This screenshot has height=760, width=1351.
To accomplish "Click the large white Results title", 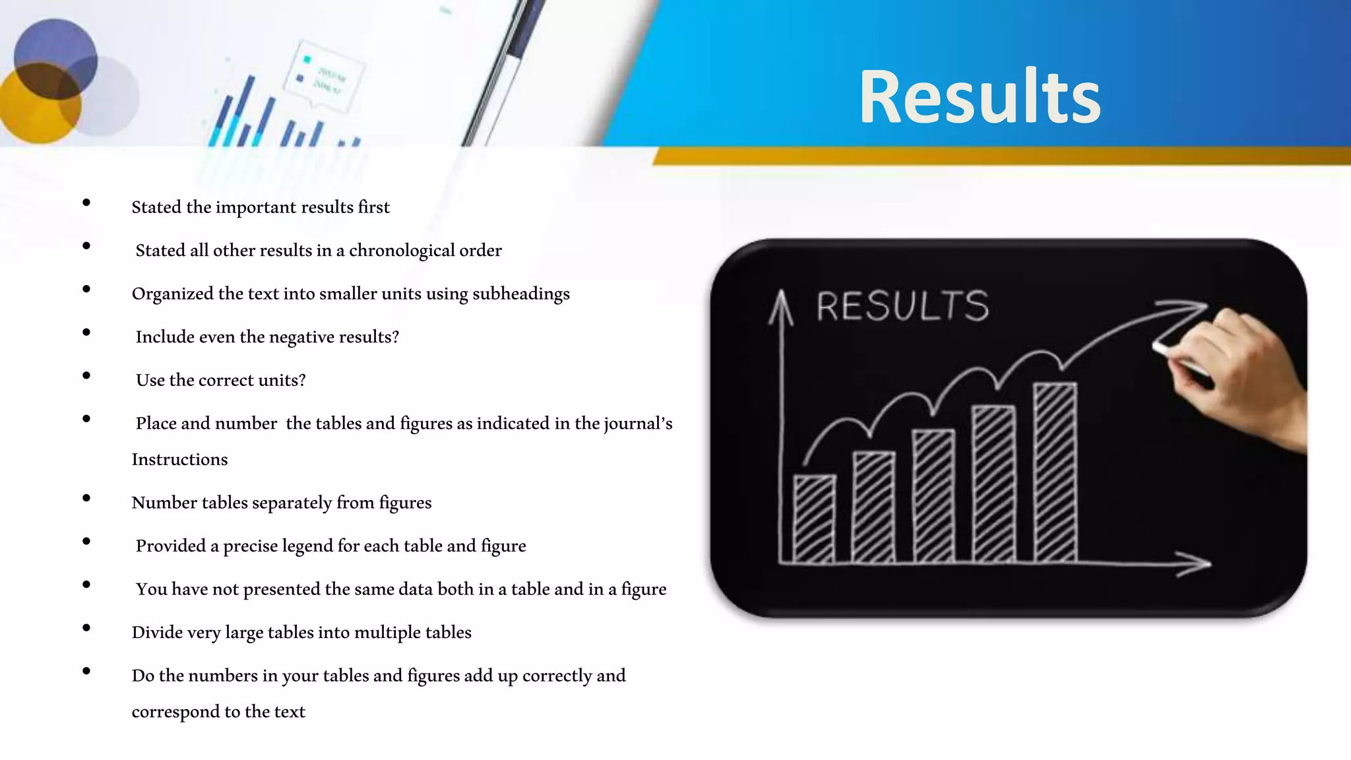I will pyautogui.click(x=980, y=97).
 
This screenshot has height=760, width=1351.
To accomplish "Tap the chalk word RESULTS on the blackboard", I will pyautogui.click(x=902, y=306).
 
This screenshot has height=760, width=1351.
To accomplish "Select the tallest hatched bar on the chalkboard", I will pyautogui.click(x=1055, y=472).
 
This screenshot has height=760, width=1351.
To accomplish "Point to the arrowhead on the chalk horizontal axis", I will pyautogui.click(x=1197, y=563).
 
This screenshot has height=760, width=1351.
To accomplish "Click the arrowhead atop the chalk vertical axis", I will pyautogui.click(x=781, y=305).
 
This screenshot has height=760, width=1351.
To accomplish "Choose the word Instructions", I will pyautogui.click(x=179, y=459).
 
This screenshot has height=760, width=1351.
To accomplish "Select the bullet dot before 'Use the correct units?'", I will pyautogui.click(x=86, y=376).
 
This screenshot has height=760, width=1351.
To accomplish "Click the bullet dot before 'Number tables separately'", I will pyautogui.click(x=86, y=499).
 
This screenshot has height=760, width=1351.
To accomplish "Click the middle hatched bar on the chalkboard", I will pyautogui.click(x=933, y=496).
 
